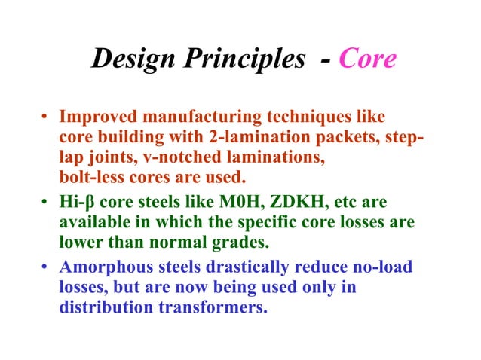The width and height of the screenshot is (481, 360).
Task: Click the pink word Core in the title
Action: pos(368,59)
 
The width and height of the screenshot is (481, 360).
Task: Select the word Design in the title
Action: pos(132,59)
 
